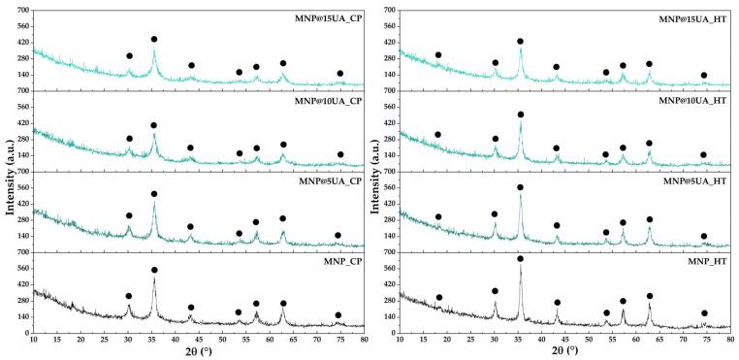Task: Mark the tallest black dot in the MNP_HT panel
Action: click(x=520, y=259)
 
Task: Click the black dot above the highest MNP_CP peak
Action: click(x=154, y=270)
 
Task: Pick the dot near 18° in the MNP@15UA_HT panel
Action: click(x=438, y=55)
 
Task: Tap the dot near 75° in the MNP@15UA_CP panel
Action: click(x=340, y=74)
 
